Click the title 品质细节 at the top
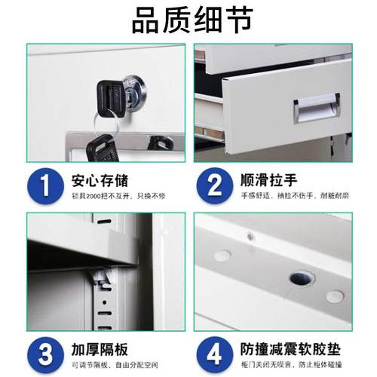click(188, 20)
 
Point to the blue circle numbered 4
click(215, 354)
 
